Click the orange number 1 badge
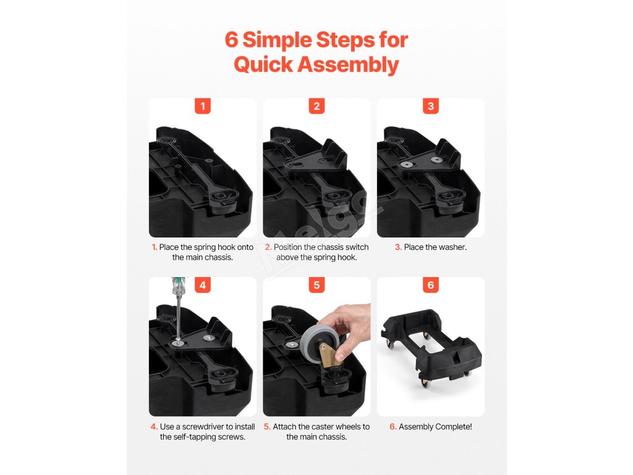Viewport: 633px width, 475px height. pos(203,106)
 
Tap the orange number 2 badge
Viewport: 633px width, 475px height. pos(316,106)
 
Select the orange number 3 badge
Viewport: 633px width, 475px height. pos(431,106)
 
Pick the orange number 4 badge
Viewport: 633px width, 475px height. pos(203,285)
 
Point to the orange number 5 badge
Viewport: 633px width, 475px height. pos(316,285)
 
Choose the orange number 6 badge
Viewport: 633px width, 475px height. pos(431,285)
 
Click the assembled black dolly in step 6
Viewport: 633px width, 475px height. pos(431,345)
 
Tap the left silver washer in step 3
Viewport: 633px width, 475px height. pos(406,165)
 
